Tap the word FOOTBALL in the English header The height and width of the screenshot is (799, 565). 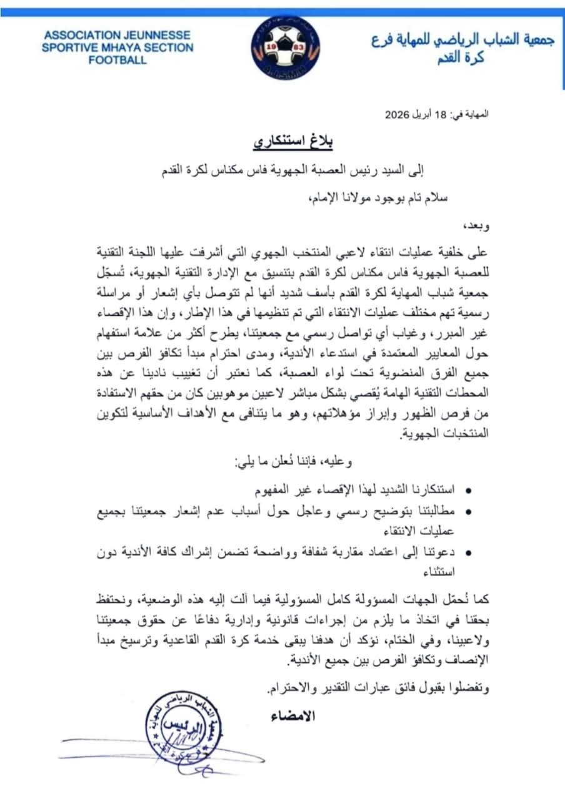coord(117,61)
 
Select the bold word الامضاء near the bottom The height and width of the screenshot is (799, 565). coord(293,715)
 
